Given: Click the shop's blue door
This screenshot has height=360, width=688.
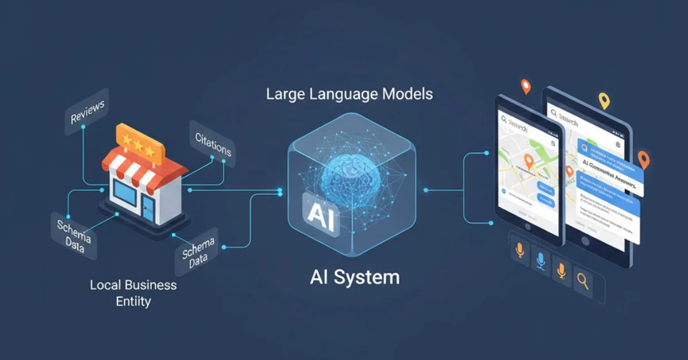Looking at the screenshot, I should click(148, 207).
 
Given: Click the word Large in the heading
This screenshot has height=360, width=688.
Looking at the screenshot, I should click(288, 94).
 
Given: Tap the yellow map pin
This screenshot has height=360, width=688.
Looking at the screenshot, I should click(604, 101).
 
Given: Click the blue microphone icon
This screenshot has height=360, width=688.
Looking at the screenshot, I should click(541, 261).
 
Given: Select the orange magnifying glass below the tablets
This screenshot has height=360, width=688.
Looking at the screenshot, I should click(583, 281).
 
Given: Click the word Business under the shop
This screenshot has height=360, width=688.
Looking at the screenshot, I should click(150, 285).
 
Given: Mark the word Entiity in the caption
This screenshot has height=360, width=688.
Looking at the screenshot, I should click(133, 301).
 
